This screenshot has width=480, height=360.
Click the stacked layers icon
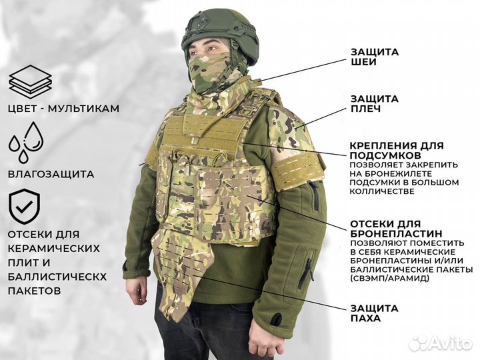[31, 81]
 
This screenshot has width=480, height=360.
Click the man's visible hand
[137, 290]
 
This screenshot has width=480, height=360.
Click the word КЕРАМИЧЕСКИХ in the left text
[54, 248]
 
